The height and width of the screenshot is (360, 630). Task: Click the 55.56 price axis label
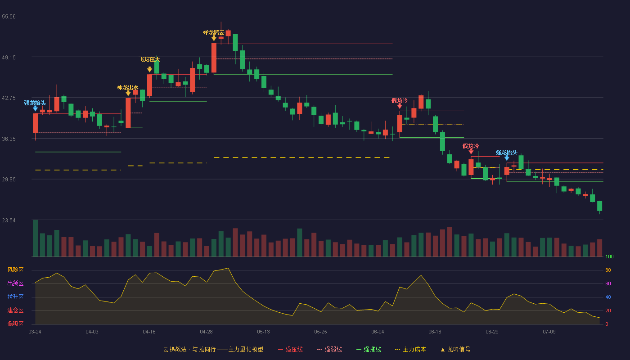tap(9, 17)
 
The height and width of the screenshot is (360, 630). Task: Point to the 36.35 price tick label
tap(9, 139)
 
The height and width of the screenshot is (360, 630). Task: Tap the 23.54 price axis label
tap(9, 220)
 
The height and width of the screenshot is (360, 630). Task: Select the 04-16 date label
tap(149, 332)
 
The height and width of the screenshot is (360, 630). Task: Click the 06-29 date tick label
tap(492, 332)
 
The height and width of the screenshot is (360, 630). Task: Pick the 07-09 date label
tap(549, 332)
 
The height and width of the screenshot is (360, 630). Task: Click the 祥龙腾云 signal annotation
tap(214, 33)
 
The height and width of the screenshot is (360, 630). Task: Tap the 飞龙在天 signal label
tap(149, 59)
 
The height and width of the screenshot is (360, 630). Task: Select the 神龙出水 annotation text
tap(128, 88)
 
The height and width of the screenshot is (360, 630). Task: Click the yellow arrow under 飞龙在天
tap(149, 69)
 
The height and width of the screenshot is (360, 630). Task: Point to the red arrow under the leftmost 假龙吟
tap(400, 106)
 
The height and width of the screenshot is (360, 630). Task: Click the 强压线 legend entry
tap(291, 349)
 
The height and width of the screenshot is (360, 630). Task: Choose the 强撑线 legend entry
tap(369, 349)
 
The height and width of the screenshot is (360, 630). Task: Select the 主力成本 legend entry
tap(410, 349)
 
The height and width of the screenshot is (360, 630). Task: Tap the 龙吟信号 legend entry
tap(455, 349)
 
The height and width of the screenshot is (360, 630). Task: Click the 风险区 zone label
tap(15, 270)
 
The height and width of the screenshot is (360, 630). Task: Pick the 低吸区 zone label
tap(15, 324)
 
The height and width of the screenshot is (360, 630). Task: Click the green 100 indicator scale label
tap(609, 256)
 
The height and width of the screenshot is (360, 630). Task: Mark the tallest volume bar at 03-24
tap(36, 238)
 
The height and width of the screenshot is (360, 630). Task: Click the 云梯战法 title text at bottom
tap(175, 349)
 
